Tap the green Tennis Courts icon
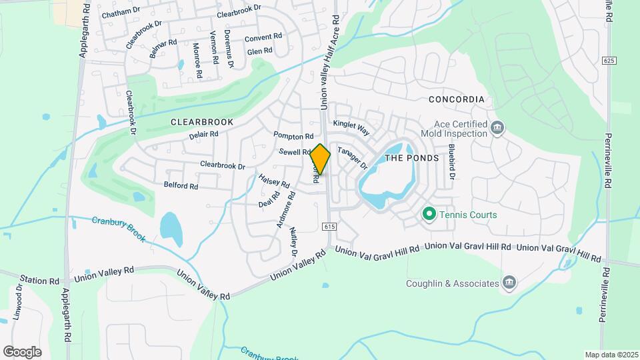pos(429,215)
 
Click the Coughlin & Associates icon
pos(510,283)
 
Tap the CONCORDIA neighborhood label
pos(456,99)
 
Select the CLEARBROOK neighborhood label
pos(202,122)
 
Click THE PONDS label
pos(412,158)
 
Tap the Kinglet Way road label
pos(351,125)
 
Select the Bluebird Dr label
pos(451,162)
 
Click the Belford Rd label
pos(181,186)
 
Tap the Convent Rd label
pos(263,38)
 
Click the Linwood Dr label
pos(19,303)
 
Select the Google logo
pos(22,352)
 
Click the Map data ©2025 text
pos(610,355)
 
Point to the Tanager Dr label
pos(352,158)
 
